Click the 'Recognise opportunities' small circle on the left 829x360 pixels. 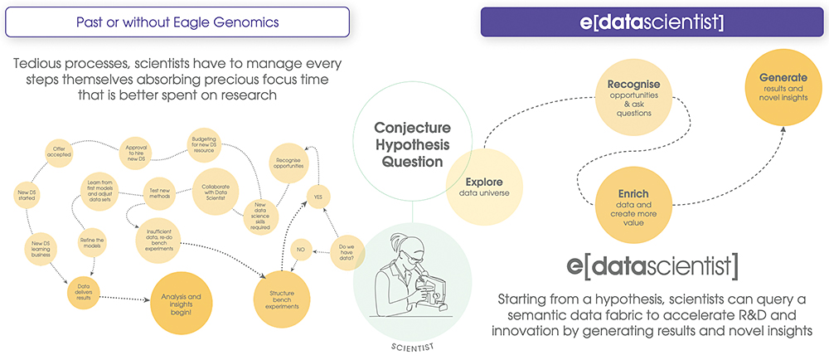(288, 161)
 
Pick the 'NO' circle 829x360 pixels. (302, 247)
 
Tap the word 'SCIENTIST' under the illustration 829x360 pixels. (411, 347)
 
